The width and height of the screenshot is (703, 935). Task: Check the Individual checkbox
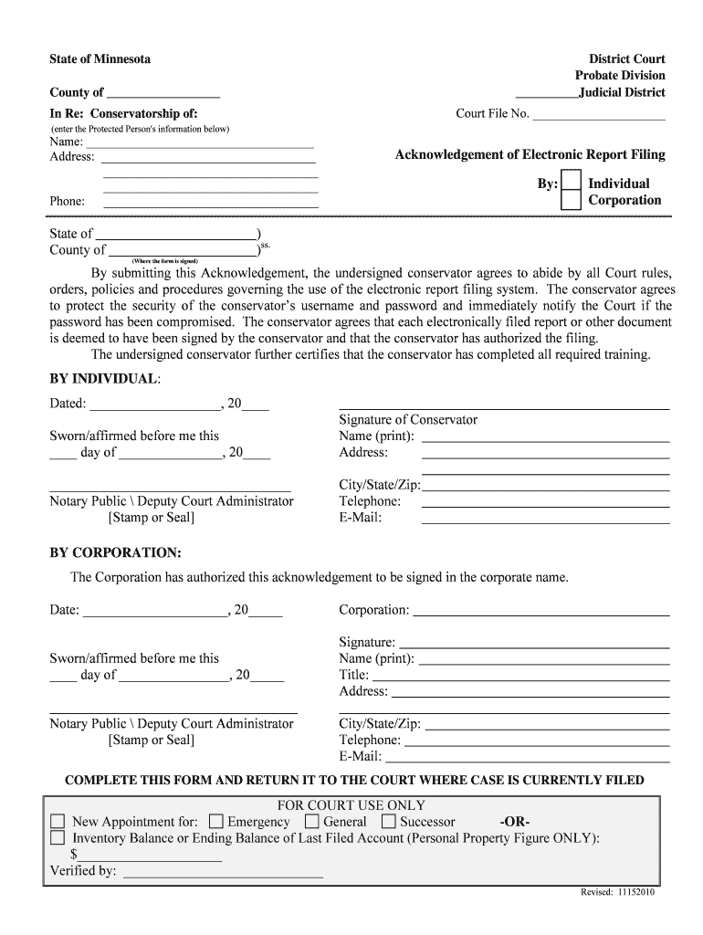click(570, 181)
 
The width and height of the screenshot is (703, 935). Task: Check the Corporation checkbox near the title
click(570, 200)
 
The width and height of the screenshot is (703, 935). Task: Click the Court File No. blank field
click(598, 115)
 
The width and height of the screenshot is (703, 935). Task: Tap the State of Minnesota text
click(100, 59)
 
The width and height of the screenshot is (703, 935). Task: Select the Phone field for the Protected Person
click(210, 202)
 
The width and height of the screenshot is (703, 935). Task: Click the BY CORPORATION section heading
click(115, 553)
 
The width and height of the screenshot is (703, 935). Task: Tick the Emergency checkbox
click(216, 821)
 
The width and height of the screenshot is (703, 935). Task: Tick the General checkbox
click(312, 821)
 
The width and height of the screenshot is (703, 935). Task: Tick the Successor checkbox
click(389, 821)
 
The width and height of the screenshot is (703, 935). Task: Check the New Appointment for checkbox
click(58, 821)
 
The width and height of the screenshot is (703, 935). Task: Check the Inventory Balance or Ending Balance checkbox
click(58, 837)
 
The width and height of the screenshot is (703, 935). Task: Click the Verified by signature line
click(223, 871)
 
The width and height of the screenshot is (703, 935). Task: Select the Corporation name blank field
click(540, 610)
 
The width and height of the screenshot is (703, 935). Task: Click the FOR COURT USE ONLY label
click(351, 805)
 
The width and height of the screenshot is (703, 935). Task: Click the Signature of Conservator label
click(408, 420)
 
